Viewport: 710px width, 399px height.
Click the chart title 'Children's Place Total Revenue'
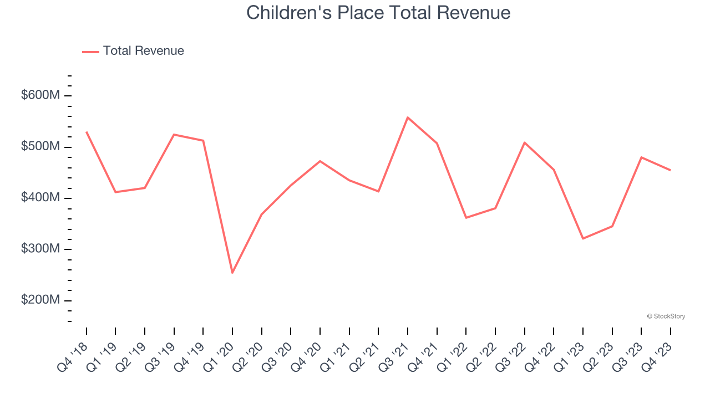[378, 12]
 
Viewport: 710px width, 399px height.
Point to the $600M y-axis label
[40, 95]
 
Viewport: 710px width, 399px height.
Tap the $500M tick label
[40, 147]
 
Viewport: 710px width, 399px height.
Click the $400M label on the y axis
[40, 198]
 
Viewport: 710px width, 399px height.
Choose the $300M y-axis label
[40, 249]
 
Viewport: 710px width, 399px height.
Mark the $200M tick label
[40, 300]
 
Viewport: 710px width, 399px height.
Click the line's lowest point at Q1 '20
[232, 273]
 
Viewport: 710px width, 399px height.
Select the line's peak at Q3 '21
[408, 117]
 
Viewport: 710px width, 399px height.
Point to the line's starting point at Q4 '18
[87, 132]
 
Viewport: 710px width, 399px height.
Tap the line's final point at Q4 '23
[671, 170]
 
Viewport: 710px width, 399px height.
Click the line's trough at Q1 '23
[583, 238]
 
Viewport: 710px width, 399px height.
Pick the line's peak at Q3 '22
[525, 143]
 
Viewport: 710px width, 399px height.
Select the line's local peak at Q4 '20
[320, 161]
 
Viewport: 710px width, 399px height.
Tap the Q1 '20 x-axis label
[220, 352]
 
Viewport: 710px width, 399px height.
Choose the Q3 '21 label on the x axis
[395, 352]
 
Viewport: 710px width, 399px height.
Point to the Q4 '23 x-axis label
[658, 352]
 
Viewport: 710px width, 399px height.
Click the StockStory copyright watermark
[666, 316]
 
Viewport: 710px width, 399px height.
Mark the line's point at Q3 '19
[174, 135]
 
